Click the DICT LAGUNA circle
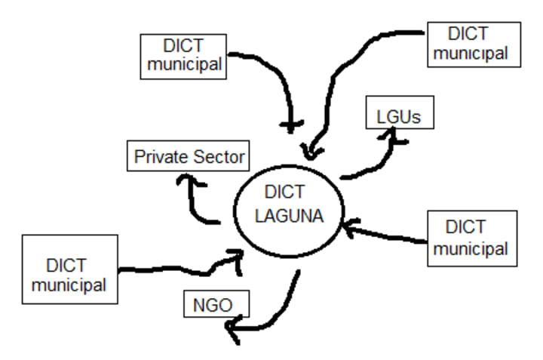pos(288,205)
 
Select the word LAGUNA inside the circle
pos(289,216)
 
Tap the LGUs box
pos(398,118)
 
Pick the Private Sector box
pos(189,157)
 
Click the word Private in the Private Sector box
pos(158,157)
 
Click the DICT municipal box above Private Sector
pos(185,55)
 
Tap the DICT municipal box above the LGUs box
pos(473,43)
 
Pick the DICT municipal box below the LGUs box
pos(472,238)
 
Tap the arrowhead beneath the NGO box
pos(235,330)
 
